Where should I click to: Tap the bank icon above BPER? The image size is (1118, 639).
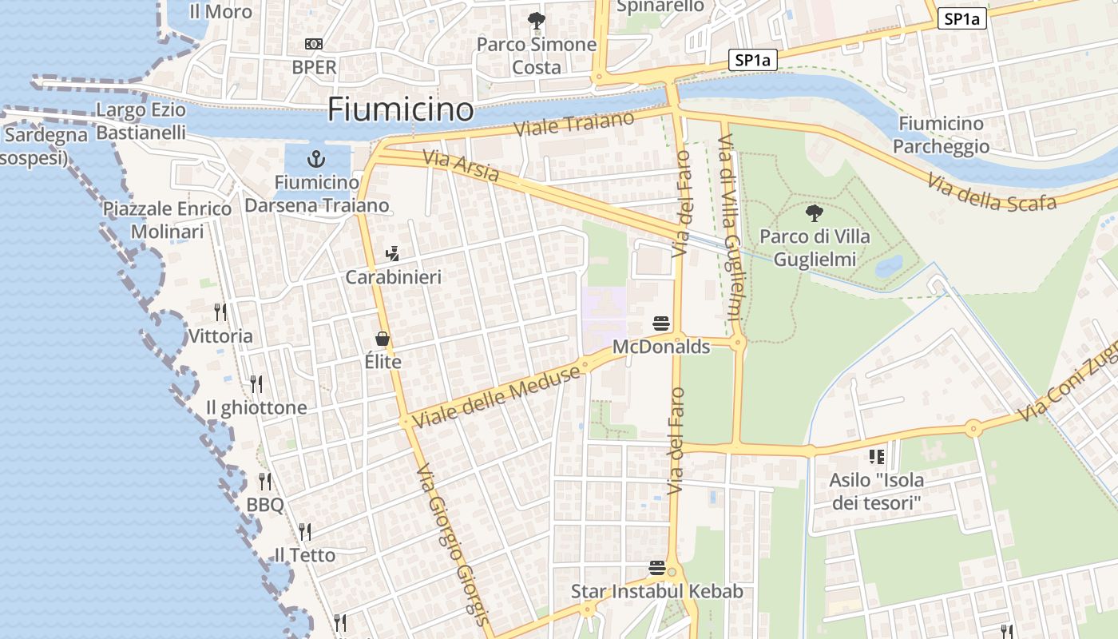point(314,44)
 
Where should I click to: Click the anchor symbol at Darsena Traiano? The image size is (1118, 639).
point(316,158)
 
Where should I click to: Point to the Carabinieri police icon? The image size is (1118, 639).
point(392,254)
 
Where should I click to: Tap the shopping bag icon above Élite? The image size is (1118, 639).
point(382,339)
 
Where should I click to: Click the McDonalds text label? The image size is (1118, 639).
point(660,347)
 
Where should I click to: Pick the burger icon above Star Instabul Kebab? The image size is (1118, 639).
point(657,568)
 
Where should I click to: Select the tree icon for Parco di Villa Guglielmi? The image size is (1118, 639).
point(815,213)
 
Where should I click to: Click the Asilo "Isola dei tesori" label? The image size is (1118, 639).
point(876,491)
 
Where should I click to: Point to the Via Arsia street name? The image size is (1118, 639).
point(462,166)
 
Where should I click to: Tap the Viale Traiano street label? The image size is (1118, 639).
point(574,124)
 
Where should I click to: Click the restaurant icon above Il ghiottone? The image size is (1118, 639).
point(256,384)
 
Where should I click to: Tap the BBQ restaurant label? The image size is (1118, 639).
point(264,505)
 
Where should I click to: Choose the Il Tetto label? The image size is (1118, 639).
point(304,554)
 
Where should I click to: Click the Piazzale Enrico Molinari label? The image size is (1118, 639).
point(167,220)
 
